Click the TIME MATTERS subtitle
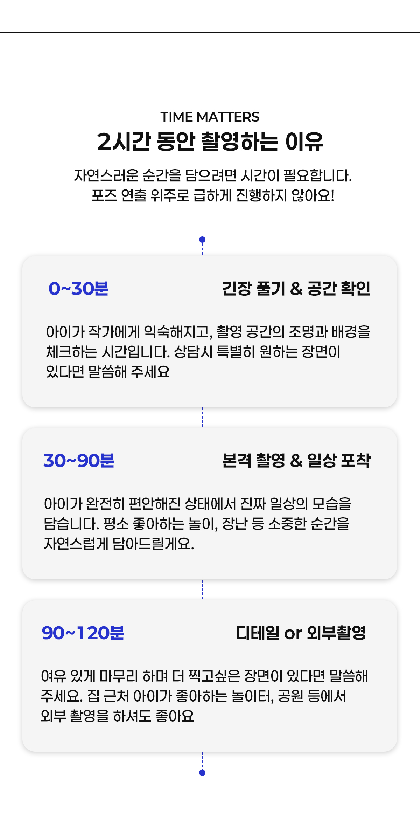210,117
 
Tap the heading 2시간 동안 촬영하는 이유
210,142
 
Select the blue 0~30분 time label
78,289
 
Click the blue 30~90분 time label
79,461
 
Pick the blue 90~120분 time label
83,633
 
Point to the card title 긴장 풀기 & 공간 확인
296,289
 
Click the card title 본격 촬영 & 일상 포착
296,461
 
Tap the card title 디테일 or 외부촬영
301,633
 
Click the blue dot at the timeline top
202,240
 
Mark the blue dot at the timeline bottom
202,773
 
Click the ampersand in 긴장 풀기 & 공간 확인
296,289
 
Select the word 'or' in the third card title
293,634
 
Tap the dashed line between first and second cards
202,417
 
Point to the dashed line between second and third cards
202,590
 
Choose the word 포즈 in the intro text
104,195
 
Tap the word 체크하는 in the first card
71,352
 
